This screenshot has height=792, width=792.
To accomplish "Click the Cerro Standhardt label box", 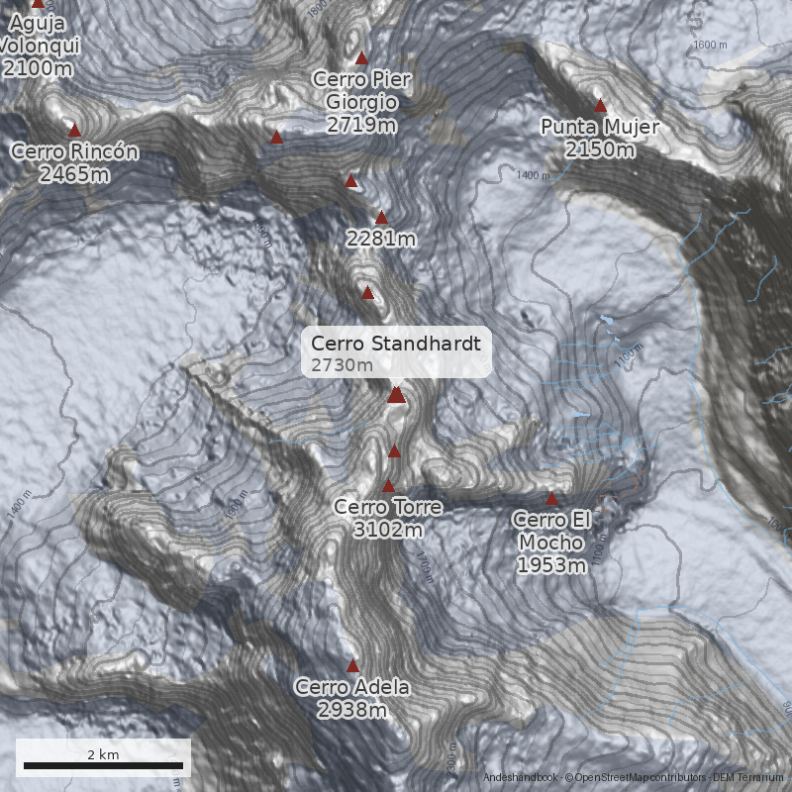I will tap(396, 352).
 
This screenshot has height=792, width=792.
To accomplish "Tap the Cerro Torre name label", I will tap(388, 507).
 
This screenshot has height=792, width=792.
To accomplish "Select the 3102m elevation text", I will tap(388, 530).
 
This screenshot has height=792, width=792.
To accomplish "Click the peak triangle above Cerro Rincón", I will tap(74, 130).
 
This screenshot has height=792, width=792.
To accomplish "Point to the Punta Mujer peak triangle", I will tap(600, 105).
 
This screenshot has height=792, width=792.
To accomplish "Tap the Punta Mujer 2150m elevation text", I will tap(600, 149).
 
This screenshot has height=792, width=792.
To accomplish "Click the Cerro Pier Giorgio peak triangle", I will tap(361, 57).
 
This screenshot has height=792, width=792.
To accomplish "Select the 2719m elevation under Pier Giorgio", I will tap(361, 125).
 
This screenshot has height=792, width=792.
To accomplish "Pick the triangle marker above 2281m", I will tap(381, 217).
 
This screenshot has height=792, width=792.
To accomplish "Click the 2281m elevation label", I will tap(381, 239).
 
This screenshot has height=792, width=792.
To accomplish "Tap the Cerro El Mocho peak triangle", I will tap(552, 498).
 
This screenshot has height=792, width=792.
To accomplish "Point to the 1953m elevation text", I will tap(552, 565).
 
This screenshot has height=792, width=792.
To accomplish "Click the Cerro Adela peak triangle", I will tap(352, 665).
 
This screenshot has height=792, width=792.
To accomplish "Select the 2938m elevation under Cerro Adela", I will tap(352, 710).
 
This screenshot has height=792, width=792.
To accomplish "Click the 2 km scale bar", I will tap(103, 765).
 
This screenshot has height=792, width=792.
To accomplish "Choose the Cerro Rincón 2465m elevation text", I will tap(74, 174).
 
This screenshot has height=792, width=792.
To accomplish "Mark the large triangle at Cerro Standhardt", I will tap(396, 395).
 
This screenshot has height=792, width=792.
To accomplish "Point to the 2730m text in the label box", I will tap(343, 365).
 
